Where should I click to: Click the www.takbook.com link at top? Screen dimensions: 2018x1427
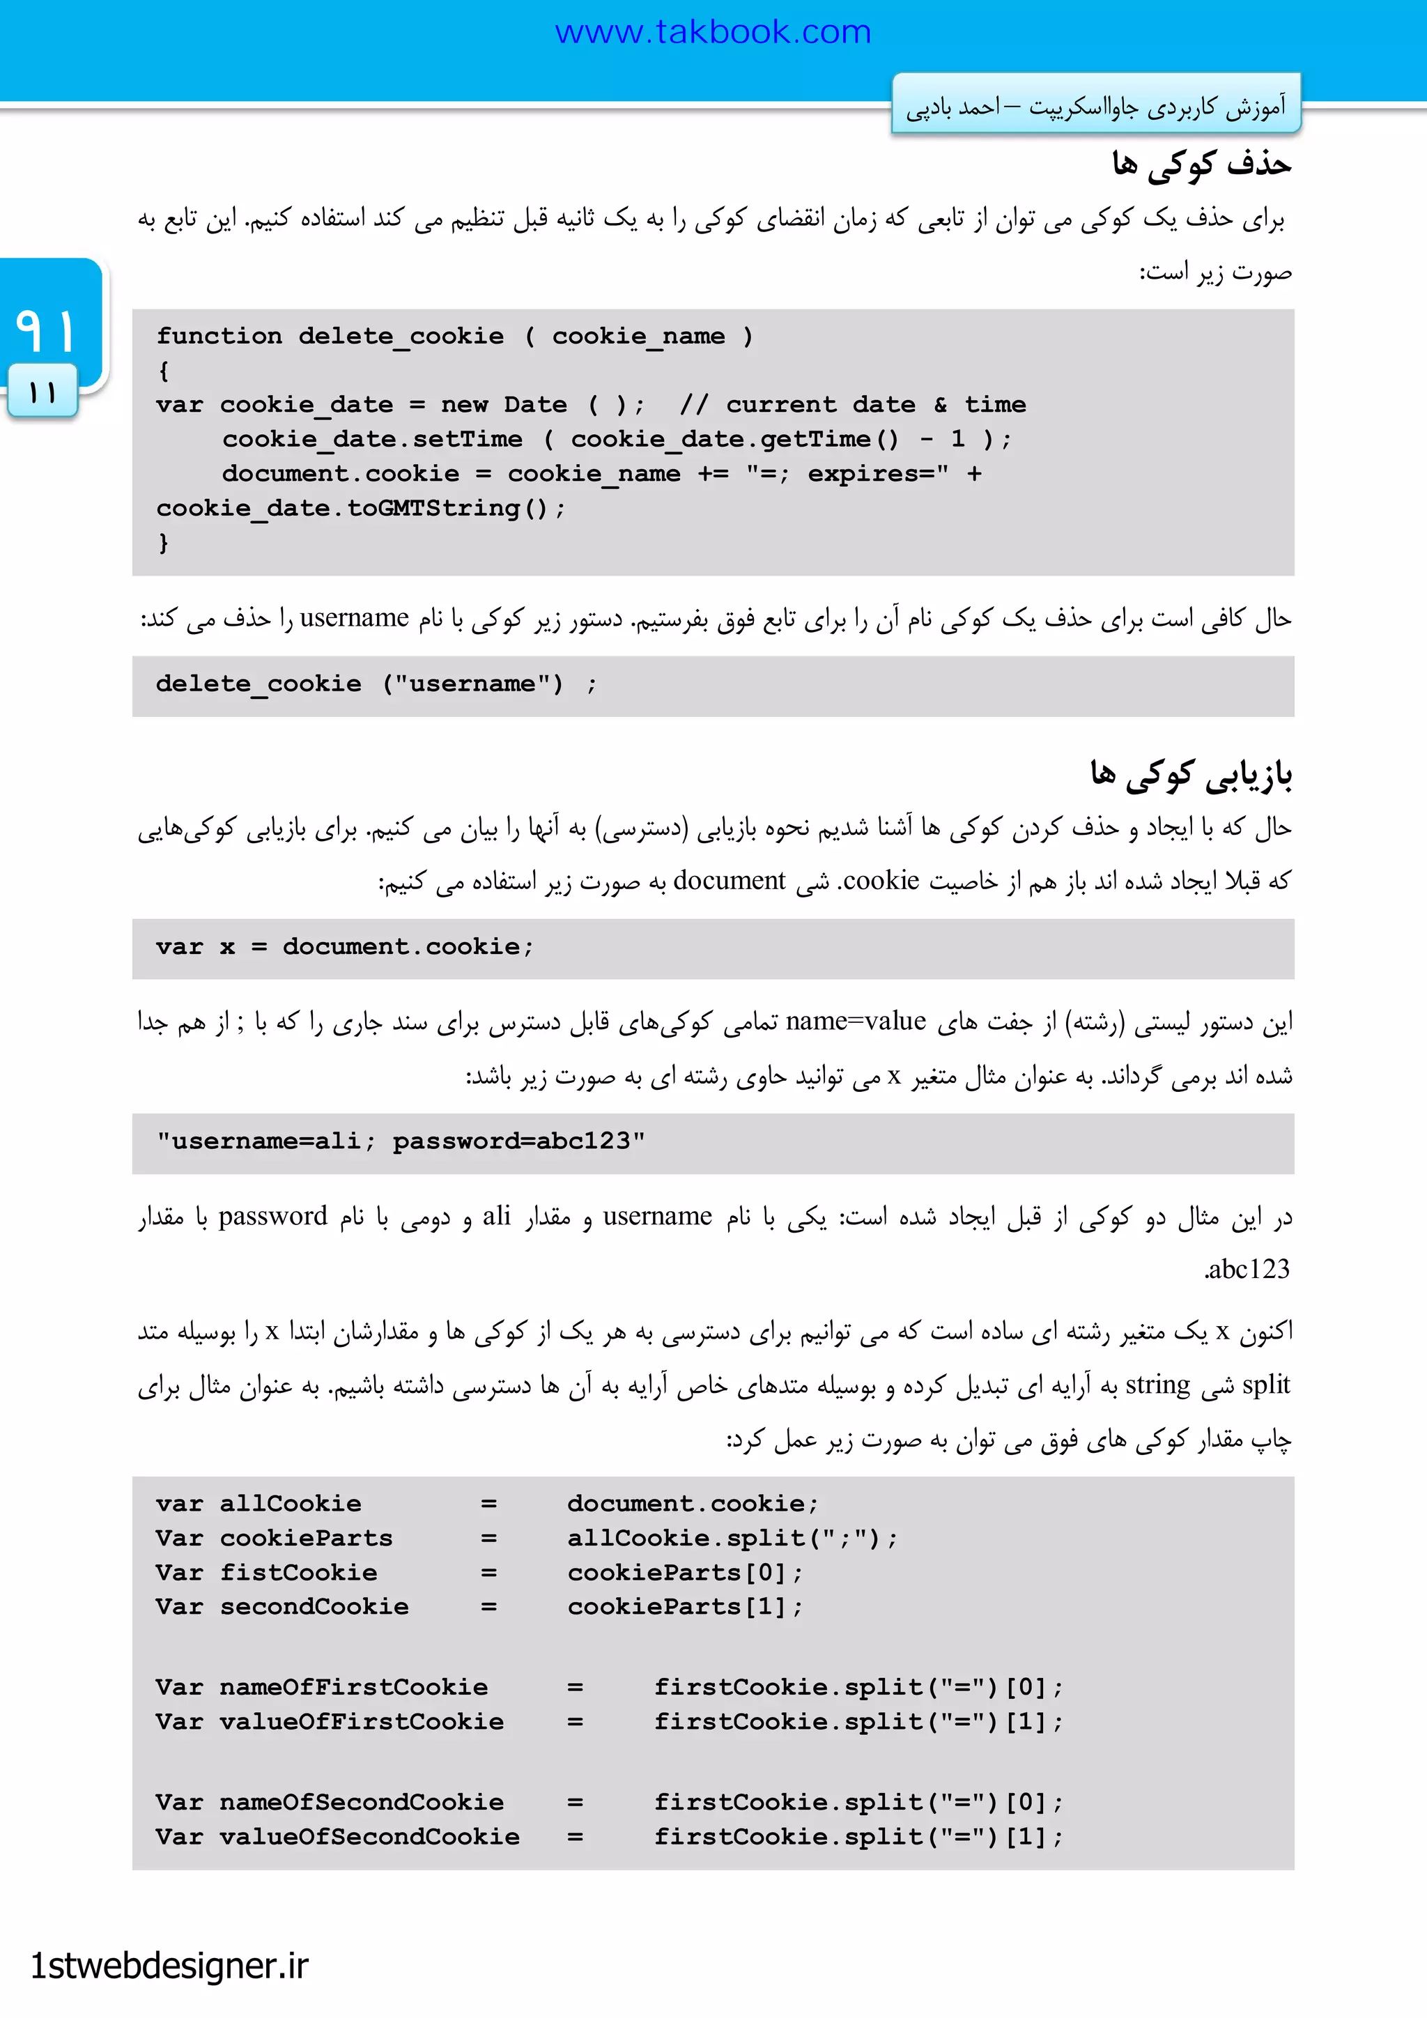[x=713, y=33]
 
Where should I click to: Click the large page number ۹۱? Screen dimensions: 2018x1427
[x=46, y=330]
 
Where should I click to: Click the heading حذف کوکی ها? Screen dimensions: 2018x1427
[x=1201, y=164]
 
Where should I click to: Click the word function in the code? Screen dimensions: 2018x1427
[x=219, y=336]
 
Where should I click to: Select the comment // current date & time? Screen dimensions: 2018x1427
[x=852, y=404]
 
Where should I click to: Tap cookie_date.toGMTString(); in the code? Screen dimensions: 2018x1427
[x=360, y=508]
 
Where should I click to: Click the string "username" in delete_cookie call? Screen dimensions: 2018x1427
[x=472, y=684]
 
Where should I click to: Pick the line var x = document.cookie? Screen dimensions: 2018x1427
[x=344, y=946]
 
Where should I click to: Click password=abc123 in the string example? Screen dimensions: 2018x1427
[x=511, y=1141]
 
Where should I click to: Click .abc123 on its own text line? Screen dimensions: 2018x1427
[x=1246, y=1269]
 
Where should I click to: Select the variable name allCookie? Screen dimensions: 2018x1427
[x=290, y=1504]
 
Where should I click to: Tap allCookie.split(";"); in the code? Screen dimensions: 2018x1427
[x=731, y=1538]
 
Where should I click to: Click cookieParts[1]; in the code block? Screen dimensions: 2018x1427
[x=684, y=1607]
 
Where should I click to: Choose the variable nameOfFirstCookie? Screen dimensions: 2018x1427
[x=353, y=1688]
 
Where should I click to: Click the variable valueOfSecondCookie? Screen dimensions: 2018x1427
[x=369, y=1837]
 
